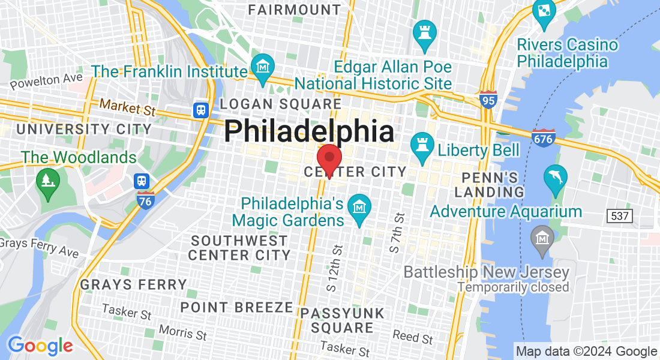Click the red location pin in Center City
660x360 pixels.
[329, 159]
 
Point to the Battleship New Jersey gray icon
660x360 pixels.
[542, 239]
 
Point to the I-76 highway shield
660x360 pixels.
[145, 200]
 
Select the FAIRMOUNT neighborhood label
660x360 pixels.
[295, 10]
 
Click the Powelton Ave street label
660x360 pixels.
[46, 80]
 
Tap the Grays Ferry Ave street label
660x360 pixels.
[40, 248]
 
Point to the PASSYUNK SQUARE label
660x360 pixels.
[342, 320]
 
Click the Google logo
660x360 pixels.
[40, 346]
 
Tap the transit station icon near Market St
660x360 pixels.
[200, 110]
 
